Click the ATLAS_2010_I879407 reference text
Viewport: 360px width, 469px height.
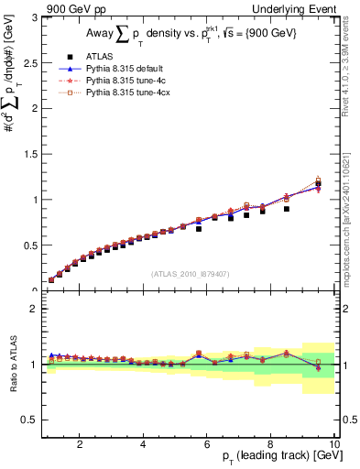point(190,273)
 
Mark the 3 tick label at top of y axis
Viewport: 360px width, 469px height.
point(34,16)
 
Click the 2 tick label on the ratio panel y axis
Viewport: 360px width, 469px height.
point(34,309)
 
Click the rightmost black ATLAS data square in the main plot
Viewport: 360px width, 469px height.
point(319,184)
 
